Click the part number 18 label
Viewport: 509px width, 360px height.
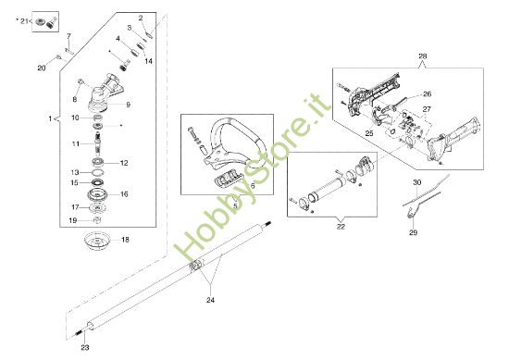(x=126, y=239)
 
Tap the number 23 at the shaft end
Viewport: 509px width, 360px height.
(x=84, y=346)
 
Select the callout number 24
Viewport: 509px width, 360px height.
(x=211, y=300)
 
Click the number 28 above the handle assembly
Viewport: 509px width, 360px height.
(x=423, y=56)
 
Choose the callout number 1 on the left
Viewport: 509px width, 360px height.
(x=48, y=119)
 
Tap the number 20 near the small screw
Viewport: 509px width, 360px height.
(x=41, y=68)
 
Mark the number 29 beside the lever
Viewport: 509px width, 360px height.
(x=414, y=232)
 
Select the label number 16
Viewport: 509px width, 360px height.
(x=124, y=194)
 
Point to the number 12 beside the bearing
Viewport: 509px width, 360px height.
(x=124, y=162)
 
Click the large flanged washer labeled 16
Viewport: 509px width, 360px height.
(x=95, y=195)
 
